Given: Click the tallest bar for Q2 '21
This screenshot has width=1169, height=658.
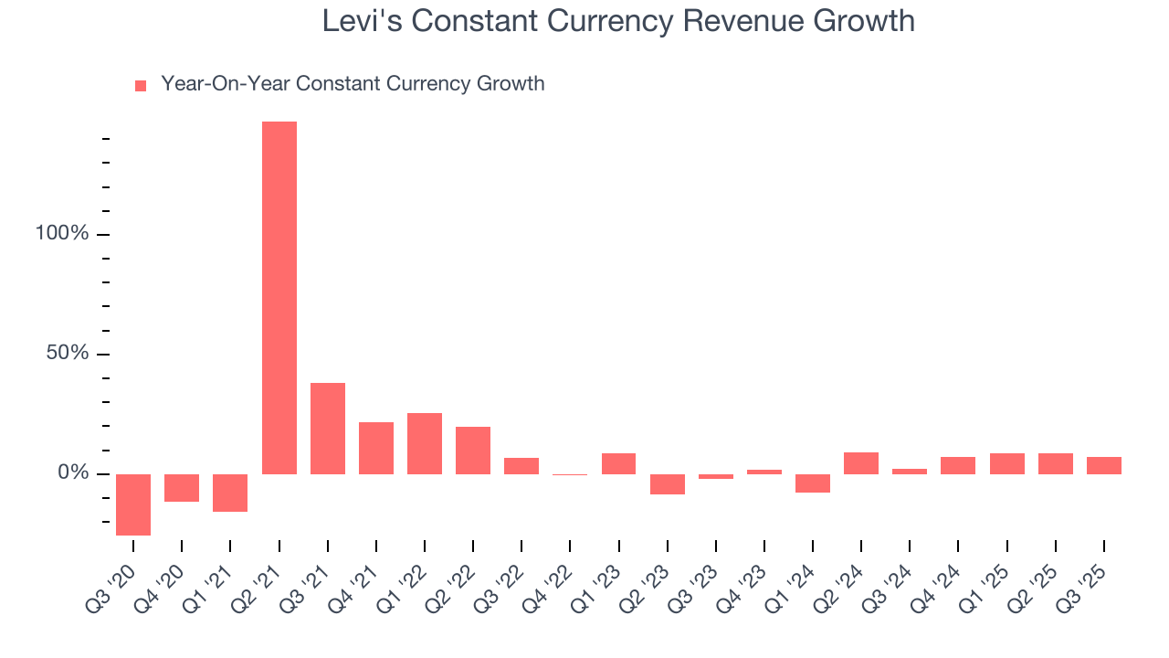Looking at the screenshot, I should (x=279, y=297).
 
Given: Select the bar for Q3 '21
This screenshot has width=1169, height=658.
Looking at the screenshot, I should (x=328, y=428).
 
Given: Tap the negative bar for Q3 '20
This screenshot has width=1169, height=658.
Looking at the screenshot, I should (x=133, y=504).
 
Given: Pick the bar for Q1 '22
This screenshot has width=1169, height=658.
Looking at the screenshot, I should (x=425, y=443).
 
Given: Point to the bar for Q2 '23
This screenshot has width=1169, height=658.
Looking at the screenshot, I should (x=667, y=484).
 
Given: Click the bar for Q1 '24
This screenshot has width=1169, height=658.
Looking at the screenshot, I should (x=812, y=483).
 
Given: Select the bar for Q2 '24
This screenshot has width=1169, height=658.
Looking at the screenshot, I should (x=860, y=463).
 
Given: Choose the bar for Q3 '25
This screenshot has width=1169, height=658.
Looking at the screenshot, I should (x=1103, y=465).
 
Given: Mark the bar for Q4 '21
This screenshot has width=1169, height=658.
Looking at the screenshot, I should (x=376, y=448).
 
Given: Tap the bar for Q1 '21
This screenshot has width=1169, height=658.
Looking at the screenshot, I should (x=230, y=493).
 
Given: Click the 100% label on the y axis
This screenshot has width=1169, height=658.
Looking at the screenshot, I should (x=62, y=234).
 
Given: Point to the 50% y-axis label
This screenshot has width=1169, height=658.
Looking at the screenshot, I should (x=68, y=354).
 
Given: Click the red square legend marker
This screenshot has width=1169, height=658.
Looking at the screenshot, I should (x=141, y=86).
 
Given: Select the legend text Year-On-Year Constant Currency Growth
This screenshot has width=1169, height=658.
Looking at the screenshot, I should (x=353, y=84).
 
